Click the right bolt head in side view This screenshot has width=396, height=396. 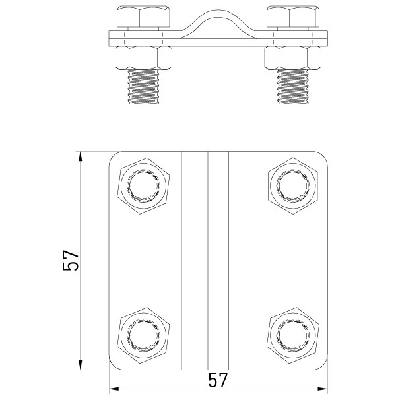(x=291, y=18)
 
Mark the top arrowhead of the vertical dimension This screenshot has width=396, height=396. (x=81, y=156)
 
